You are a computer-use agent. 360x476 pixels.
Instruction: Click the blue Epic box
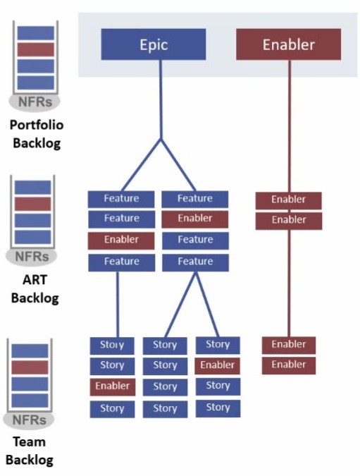[x=154, y=44]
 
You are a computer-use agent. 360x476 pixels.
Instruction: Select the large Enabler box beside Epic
[x=288, y=44]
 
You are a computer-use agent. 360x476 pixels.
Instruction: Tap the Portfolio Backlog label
[x=37, y=134]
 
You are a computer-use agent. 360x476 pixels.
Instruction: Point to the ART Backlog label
[x=35, y=288]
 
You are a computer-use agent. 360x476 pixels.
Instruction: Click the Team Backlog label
[x=30, y=451]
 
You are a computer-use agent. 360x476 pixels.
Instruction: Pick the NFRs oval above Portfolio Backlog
[x=35, y=102]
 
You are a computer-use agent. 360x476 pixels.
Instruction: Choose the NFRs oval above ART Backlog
[x=32, y=257]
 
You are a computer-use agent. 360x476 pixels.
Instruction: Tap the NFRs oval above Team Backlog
[x=29, y=420]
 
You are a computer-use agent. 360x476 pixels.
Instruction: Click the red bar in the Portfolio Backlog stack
[x=35, y=49]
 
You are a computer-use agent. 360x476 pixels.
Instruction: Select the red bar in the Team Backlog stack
[x=30, y=367]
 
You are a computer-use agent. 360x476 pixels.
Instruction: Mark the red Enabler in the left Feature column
[x=121, y=240]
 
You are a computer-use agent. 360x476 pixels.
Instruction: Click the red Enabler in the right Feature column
[x=195, y=219]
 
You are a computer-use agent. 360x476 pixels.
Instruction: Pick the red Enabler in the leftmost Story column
[x=113, y=386]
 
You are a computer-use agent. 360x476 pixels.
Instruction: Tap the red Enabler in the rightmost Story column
[x=218, y=365]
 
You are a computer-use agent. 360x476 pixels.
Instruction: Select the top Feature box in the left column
[x=121, y=199]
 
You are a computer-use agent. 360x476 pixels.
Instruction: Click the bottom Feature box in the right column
[x=195, y=262]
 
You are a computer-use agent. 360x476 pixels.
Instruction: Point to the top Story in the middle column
[x=165, y=346]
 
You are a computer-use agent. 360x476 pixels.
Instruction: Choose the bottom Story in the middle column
[x=165, y=409]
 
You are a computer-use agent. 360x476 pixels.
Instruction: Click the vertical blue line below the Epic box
[x=161, y=99]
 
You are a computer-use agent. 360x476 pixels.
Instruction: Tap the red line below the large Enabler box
[x=290, y=126]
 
